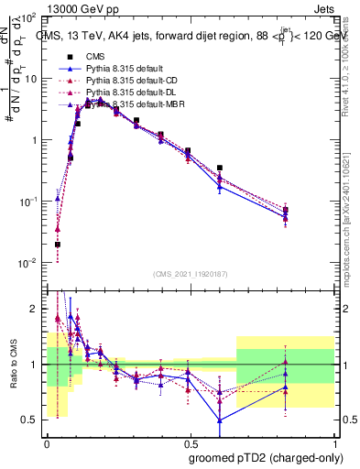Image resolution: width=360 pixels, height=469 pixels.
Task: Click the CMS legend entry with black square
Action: coord(96,57)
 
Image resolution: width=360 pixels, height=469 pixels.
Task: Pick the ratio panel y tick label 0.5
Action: coord(33,420)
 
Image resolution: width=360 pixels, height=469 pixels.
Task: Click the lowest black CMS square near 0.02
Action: coord(57,245)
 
